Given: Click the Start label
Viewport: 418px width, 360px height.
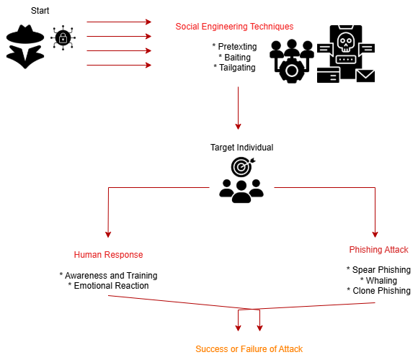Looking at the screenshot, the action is pos(40,11).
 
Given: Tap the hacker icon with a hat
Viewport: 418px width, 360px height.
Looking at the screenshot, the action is pos(25,47).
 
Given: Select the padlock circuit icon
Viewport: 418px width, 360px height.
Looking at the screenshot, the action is pos(63,38).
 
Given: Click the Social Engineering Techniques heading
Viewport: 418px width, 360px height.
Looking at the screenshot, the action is pos(234,27).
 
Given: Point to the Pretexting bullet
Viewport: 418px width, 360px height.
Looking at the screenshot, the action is pos(235,47).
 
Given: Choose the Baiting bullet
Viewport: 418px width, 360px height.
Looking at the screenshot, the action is pos(235,58).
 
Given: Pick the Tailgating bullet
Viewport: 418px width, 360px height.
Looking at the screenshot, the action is pos(235,68).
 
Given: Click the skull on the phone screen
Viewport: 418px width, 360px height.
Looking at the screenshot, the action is pos(346,42).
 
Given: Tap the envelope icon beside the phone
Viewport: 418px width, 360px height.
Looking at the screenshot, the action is pos(365,76).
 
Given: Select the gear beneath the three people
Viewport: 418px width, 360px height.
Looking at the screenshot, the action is pos(292,71).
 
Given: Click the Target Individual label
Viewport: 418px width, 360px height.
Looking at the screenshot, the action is pos(241,148).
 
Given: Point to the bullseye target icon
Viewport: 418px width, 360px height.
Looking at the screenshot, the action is pos(242,167).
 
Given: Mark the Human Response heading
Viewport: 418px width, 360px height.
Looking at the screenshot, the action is pos(108,255).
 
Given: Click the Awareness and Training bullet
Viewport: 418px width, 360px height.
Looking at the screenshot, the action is pos(109,275).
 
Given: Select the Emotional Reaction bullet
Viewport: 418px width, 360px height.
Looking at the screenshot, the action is pos(109,286).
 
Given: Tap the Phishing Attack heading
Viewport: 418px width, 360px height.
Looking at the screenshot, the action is pos(378,250).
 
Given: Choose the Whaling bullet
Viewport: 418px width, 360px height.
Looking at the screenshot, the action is pos(378,280).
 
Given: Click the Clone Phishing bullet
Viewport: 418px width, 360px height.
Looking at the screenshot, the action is pos(378,291).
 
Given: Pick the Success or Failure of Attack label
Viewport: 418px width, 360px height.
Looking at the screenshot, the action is pos(249,348).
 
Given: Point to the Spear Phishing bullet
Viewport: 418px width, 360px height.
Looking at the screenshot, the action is pos(378,270).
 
